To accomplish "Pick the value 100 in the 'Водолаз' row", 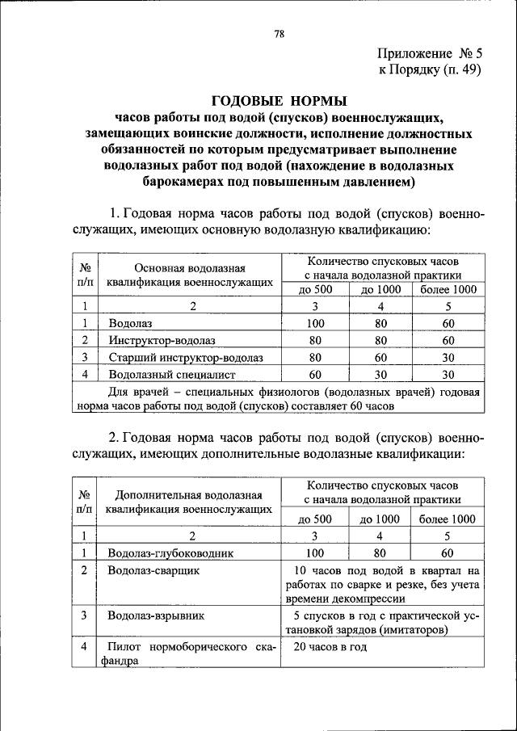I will pos(315,323).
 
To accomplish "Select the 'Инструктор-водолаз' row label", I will pos(162,340).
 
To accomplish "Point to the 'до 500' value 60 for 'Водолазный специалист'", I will pos(315,374).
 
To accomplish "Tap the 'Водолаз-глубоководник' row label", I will pos(170,553).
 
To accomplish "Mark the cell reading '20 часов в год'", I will pos(330,647).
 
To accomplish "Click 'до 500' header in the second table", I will pos(315,519).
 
